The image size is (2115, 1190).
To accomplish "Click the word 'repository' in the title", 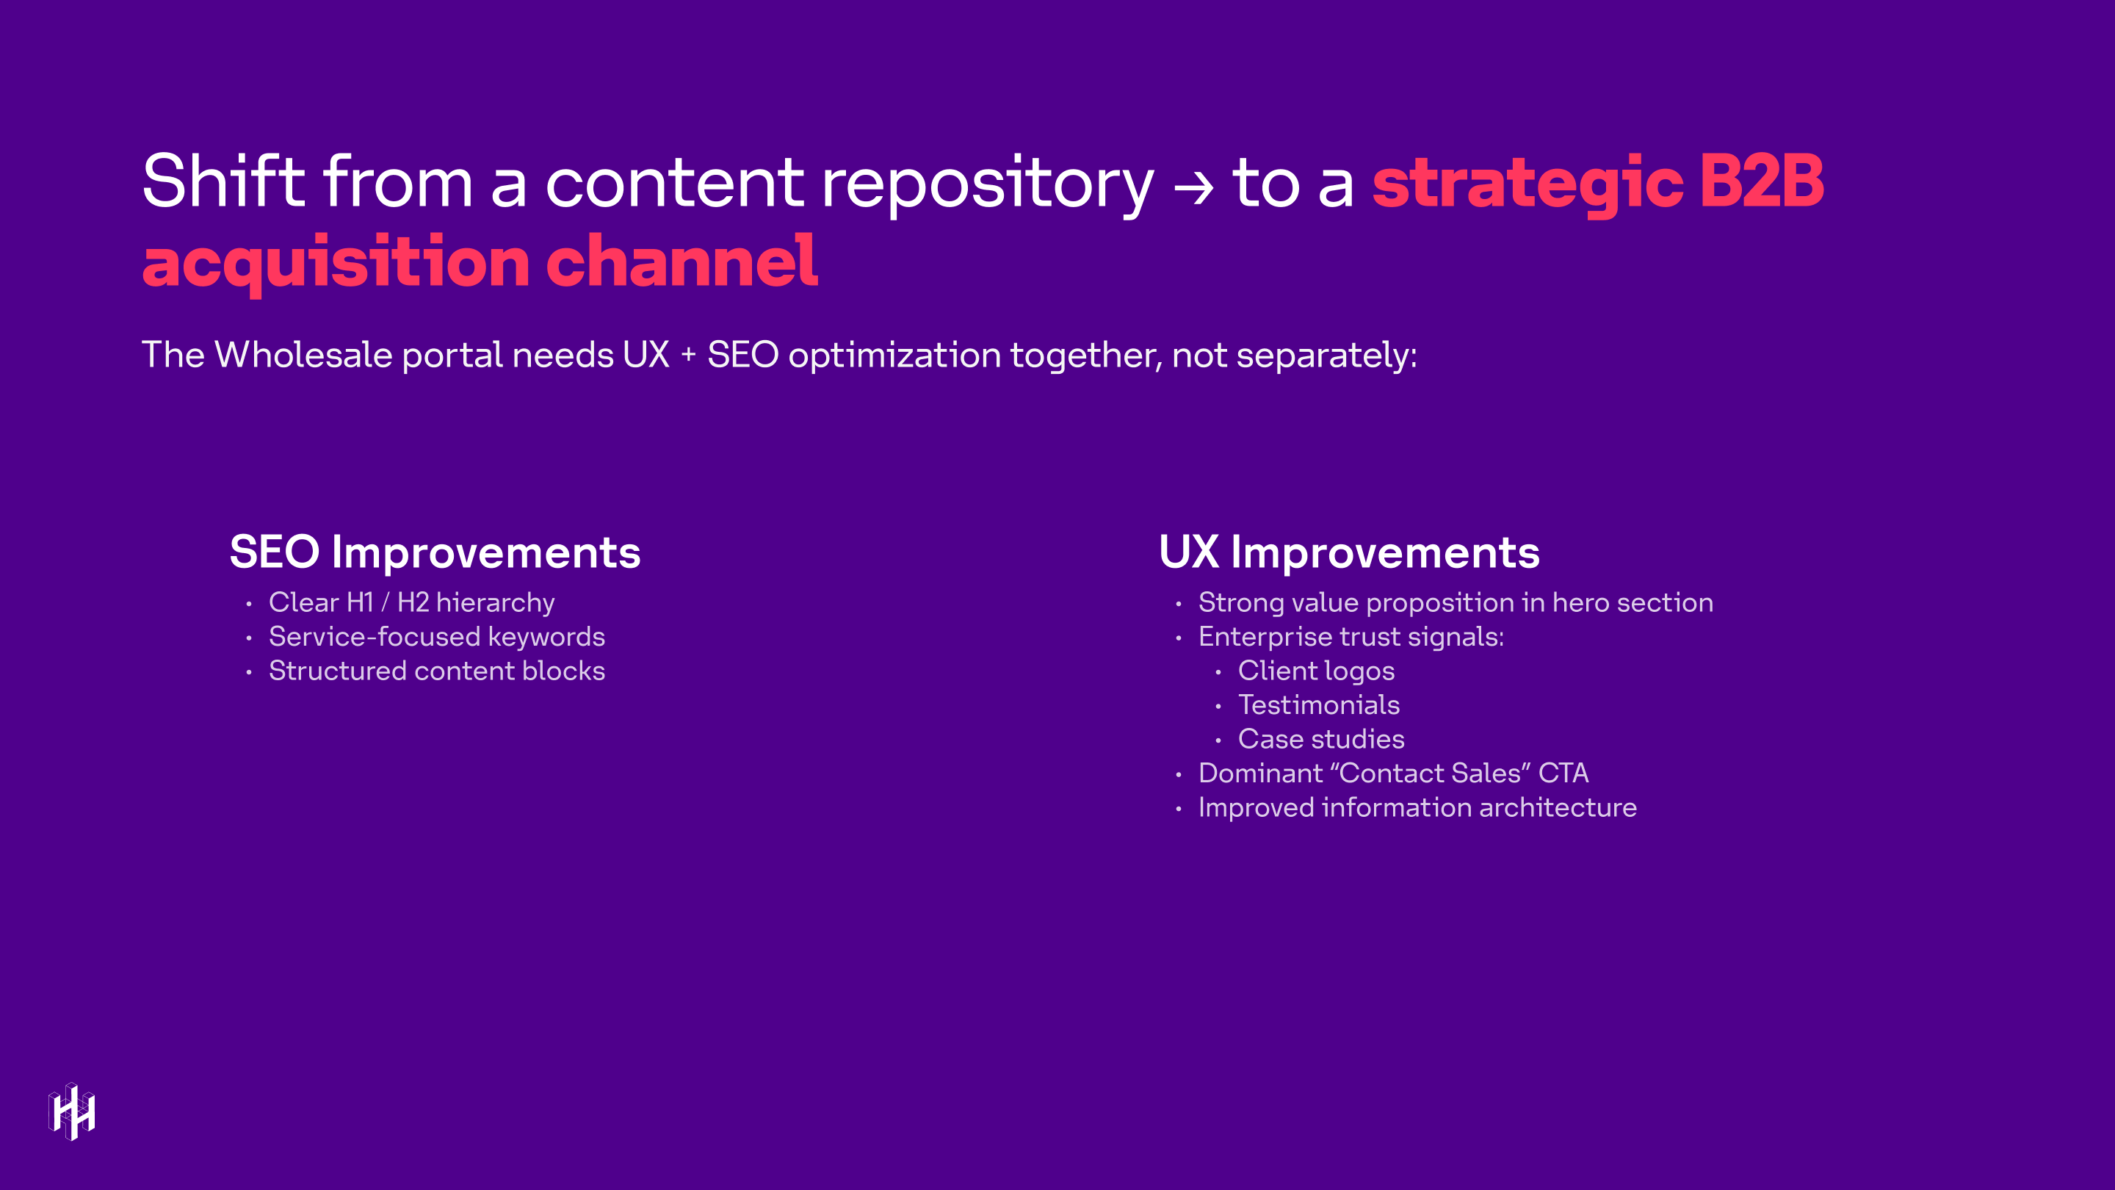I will point(987,184).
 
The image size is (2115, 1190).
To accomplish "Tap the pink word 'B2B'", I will point(1761,181).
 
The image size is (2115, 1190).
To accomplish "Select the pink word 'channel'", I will point(681,262).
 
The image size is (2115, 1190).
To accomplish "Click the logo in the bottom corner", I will point(72,1111).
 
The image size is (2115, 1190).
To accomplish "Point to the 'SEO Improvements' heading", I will point(434,552).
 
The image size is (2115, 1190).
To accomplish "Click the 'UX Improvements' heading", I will point(1349,552).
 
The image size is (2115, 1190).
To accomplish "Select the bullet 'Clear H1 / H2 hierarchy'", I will point(411,603).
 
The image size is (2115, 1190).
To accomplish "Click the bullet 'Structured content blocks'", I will point(436,671).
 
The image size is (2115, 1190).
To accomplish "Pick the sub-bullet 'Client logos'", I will point(1315,671).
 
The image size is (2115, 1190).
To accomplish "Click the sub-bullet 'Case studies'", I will point(1320,739).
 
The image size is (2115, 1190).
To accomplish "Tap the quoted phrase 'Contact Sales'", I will point(1428,773).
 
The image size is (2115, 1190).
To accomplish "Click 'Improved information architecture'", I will point(1417,807).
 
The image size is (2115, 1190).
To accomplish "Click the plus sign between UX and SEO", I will point(688,355).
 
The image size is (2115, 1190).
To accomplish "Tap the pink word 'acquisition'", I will point(335,263).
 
